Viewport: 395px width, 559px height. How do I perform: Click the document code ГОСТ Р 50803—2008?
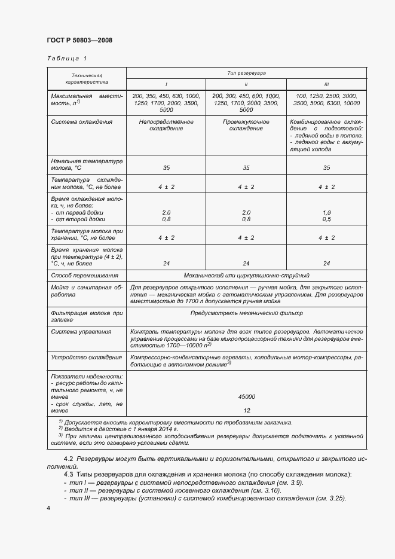79,40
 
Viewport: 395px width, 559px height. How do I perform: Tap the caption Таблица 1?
66,59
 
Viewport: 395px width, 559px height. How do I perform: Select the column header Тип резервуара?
246,72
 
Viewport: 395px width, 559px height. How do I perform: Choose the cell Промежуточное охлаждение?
246,125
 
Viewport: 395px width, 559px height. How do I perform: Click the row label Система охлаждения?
82,122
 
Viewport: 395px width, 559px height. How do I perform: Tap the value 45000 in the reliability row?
246,396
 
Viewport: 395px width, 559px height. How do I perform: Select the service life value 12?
246,410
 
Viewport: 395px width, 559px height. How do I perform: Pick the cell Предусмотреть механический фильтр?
246,313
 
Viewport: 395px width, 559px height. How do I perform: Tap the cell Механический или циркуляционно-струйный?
246,276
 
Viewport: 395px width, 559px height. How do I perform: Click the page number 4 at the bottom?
48,508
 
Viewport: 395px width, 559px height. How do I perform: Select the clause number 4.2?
69,459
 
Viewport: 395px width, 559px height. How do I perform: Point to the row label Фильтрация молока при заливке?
86,316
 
